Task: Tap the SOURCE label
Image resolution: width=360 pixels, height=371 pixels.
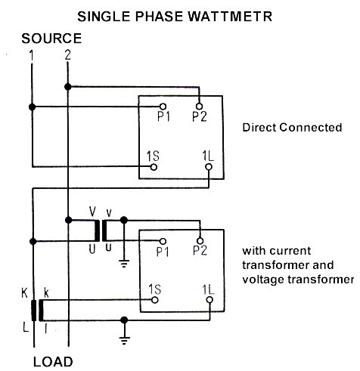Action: pyautogui.click(x=51, y=38)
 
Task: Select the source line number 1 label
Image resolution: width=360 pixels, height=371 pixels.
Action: pyautogui.click(x=31, y=55)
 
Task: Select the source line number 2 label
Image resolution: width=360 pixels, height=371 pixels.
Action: pyautogui.click(x=68, y=55)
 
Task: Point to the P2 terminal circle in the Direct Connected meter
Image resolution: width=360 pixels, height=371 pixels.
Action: pyautogui.click(x=200, y=107)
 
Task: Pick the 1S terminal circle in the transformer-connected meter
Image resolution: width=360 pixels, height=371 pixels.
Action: pyautogui.click(x=154, y=299)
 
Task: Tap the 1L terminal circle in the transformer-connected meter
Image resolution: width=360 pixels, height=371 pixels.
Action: pyautogui.click(x=208, y=299)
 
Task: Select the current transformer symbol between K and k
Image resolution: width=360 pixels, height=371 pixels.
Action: pyautogui.click(x=36, y=310)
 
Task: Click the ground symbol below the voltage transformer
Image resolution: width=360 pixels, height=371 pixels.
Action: pyautogui.click(x=123, y=264)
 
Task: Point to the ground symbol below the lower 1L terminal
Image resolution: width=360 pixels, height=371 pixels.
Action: pyautogui.click(x=123, y=340)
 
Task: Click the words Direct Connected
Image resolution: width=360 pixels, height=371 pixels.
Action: pyautogui.click(x=291, y=128)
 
